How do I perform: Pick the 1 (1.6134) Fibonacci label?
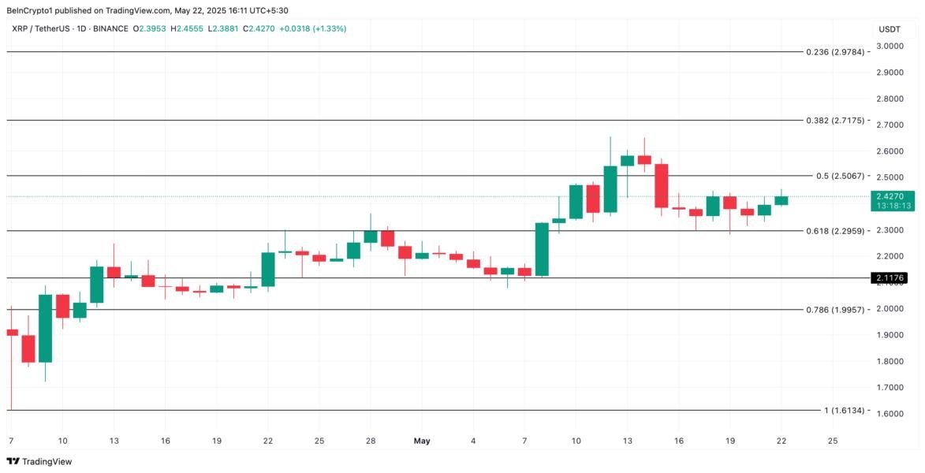tap(844, 411)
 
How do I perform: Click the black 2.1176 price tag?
tap(889, 277)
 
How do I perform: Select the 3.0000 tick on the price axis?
tap(890, 47)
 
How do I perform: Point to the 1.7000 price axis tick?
tap(890, 387)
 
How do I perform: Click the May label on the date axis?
tap(422, 441)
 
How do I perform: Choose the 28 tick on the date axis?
tap(370, 441)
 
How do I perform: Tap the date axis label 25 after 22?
tap(833, 441)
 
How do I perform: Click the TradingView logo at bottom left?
tap(39, 461)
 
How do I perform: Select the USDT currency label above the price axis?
tap(890, 29)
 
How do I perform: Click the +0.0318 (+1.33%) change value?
tap(308, 28)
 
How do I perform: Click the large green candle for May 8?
tap(542, 249)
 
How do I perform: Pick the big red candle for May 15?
tap(662, 186)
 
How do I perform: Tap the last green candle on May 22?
tap(781, 200)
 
